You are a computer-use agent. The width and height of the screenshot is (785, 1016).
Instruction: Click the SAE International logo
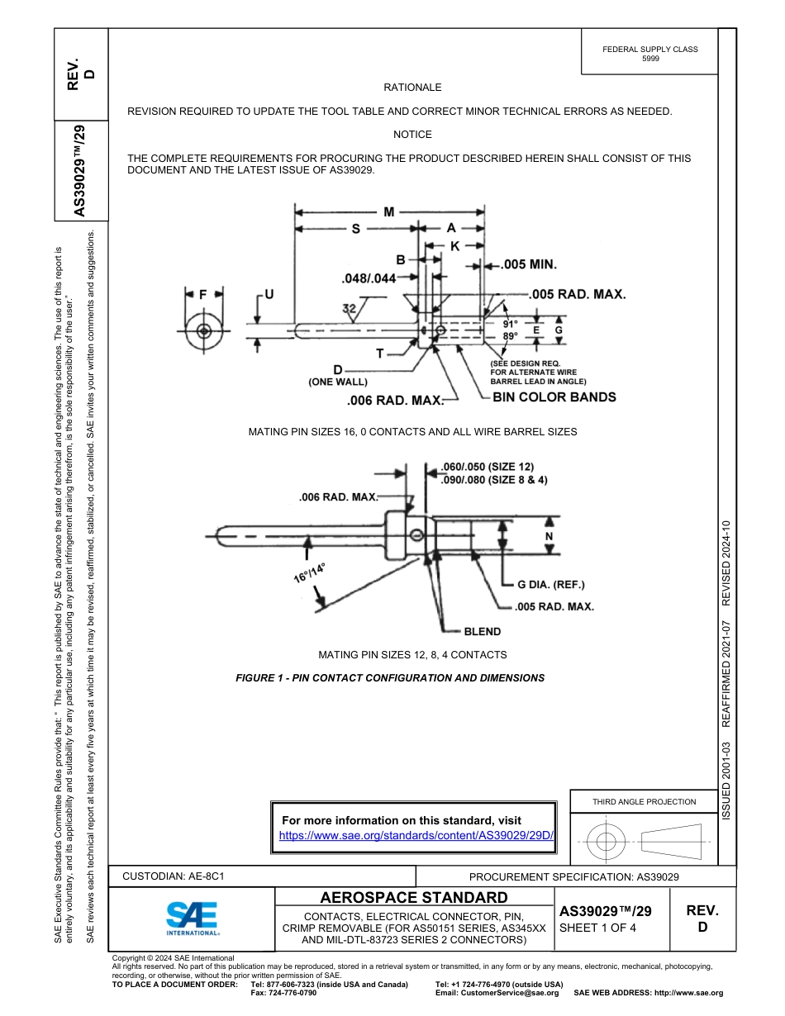(x=193, y=918)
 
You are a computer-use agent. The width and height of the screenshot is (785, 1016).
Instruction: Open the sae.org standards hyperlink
(x=416, y=835)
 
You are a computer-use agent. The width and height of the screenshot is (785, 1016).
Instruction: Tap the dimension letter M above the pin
(x=388, y=211)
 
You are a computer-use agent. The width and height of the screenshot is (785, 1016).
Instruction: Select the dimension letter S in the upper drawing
(x=355, y=229)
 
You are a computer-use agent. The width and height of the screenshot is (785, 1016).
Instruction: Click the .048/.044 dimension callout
(x=369, y=278)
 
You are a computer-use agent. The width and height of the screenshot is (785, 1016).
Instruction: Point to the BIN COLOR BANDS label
(x=554, y=397)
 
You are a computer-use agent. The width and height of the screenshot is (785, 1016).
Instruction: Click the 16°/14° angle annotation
(x=309, y=572)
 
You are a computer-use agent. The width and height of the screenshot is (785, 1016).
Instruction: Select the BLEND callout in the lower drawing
(x=482, y=631)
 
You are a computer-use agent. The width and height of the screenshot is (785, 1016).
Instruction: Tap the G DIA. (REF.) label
(x=550, y=585)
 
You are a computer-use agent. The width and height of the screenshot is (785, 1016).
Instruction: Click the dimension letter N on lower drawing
(x=549, y=536)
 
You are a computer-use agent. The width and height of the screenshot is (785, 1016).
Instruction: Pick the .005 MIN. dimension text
(x=529, y=265)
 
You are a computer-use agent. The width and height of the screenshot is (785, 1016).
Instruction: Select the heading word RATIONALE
(x=412, y=88)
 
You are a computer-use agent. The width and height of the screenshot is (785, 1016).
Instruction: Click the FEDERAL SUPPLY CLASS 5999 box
(x=650, y=54)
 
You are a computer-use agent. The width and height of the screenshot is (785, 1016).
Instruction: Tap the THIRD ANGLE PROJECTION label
(x=644, y=801)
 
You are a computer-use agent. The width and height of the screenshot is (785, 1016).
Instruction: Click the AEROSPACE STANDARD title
(x=414, y=898)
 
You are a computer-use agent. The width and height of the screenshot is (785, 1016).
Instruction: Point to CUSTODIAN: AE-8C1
(x=174, y=876)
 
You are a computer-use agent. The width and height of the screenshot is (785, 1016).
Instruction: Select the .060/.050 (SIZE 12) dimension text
(x=487, y=467)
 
